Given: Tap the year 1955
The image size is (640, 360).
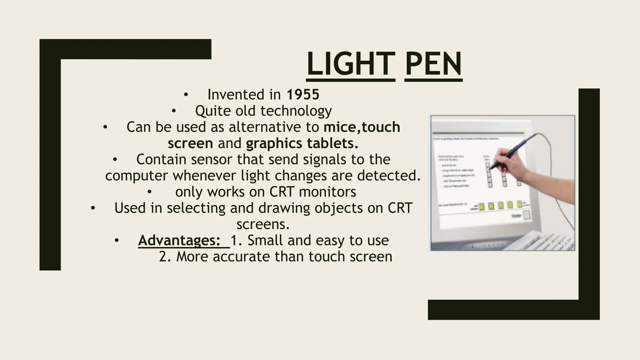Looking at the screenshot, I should click(303, 94).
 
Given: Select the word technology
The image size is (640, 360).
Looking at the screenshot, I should click(296, 111).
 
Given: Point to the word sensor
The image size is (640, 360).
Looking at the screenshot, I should click(212, 159).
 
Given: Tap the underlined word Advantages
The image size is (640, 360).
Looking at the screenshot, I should click(179, 240).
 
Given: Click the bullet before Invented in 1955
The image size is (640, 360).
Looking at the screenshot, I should click(186, 94).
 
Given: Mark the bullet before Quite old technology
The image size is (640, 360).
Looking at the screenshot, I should click(174, 111).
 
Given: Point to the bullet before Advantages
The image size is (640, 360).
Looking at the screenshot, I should click(117, 240).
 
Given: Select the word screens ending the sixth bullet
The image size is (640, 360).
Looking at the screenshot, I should click(263, 224).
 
